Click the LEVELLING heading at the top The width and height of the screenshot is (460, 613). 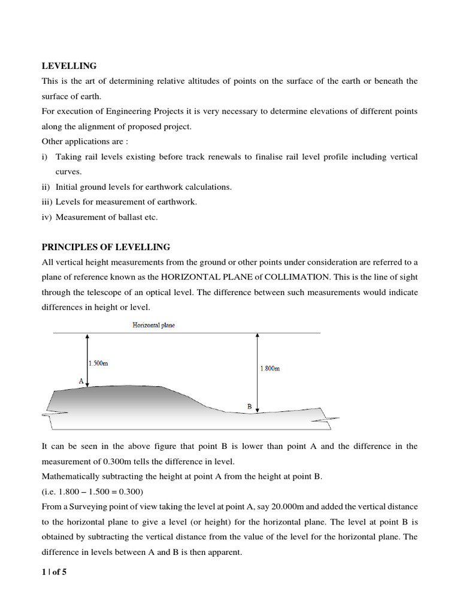coord(69,66)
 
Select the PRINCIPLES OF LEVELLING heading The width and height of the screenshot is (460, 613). coord(105,247)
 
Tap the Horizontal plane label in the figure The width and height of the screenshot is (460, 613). coord(154,325)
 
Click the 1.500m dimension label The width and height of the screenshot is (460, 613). coord(98,363)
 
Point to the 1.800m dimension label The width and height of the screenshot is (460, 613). coord(270,368)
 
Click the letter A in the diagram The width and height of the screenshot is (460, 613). coord(81,380)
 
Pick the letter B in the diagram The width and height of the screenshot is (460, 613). coord(250,406)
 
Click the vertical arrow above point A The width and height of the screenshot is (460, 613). coord(88,360)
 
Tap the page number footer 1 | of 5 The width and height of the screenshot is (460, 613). coord(54,572)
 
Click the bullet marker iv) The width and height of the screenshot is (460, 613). coord(47,217)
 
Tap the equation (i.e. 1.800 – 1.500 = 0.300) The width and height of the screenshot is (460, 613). coord(92,491)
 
